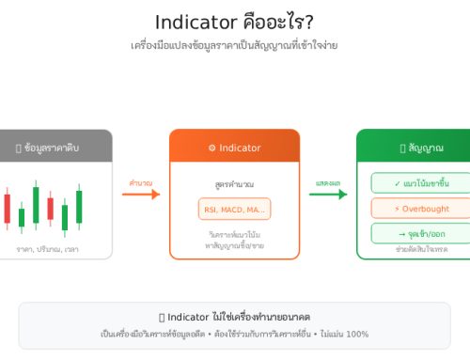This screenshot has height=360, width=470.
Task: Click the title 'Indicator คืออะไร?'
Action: (x=234, y=21)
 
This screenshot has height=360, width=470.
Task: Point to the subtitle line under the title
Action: (x=234, y=45)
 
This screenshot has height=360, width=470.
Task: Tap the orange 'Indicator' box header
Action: (x=234, y=148)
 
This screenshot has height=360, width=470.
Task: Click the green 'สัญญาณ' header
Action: (x=414, y=148)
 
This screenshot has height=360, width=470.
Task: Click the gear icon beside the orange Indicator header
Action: (x=211, y=149)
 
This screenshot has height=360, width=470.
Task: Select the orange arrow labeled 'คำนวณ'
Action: (x=141, y=195)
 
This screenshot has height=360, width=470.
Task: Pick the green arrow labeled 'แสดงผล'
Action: (x=328, y=195)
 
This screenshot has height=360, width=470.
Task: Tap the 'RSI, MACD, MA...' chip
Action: (x=234, y=209)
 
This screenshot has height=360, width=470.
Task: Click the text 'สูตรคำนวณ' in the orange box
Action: (x=234, y=183)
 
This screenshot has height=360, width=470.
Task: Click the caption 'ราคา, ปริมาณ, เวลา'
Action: (x=47, y=249)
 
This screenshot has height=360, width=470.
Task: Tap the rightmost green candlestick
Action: (x=79, y=205)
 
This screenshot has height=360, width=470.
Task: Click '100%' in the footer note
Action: (x=357, y=334)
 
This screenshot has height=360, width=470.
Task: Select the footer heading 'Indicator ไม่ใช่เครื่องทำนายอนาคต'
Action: (x=234, y=317)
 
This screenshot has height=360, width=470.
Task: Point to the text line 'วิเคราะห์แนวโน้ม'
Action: (x=234, y=234)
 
